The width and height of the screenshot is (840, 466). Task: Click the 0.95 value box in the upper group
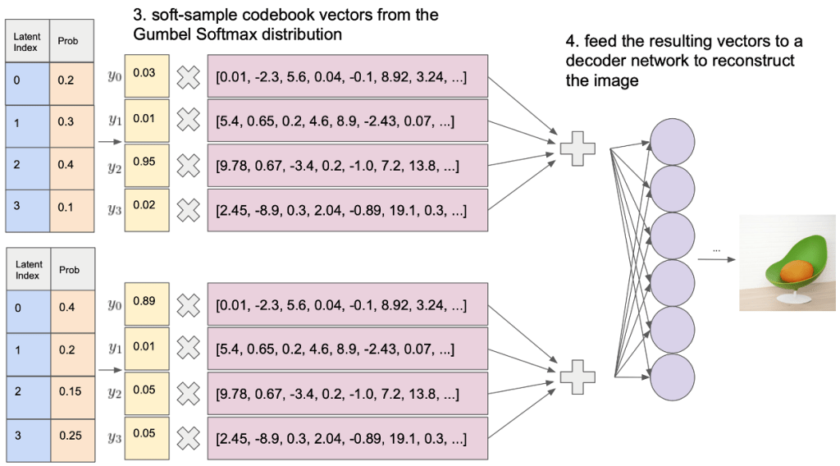147,167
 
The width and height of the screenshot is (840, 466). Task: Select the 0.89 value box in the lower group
147,306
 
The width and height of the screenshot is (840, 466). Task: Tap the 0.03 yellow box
147,76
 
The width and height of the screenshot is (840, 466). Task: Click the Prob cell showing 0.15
72,392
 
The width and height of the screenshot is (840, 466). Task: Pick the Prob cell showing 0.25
72,436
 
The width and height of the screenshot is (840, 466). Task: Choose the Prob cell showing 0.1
72,209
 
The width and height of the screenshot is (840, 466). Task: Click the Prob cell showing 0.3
72,121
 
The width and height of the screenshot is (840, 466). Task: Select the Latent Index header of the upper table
28,42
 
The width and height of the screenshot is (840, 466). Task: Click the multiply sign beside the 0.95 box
189,167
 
